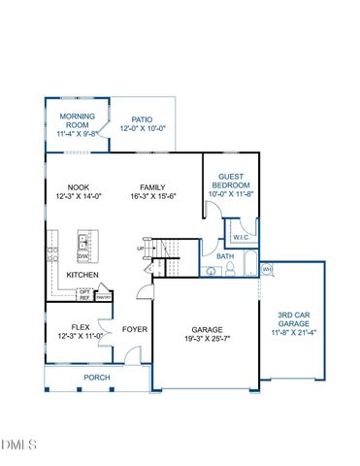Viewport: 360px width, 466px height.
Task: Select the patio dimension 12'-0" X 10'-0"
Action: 143,128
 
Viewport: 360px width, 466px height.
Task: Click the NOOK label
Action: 79,188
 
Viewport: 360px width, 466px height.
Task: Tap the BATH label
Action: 225,256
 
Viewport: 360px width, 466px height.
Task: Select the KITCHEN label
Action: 82,276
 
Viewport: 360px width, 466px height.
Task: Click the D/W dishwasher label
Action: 82,256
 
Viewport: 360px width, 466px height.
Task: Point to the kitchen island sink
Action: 84,242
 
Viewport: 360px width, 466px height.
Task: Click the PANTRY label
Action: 104,297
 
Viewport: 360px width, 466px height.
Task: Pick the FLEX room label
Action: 81,327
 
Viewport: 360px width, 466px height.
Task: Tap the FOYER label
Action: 134,329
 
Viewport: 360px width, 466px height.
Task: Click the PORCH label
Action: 97,377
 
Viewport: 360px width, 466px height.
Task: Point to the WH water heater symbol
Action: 267,269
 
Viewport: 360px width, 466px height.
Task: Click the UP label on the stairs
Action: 140,249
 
